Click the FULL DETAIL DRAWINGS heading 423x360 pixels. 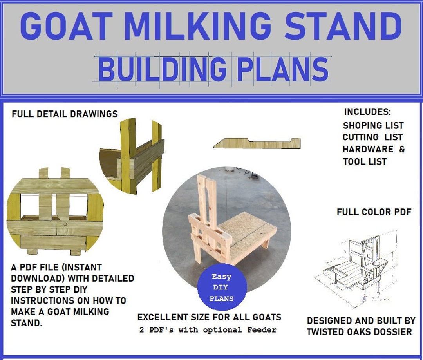pyautogui.click(x=65, y=114)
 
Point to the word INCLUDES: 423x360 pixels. pyautogui.click(x=367, y=112)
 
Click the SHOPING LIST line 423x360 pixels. pyautogui.click(x=373, y=126)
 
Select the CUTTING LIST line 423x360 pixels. pyautogui.click(x=372, y=137)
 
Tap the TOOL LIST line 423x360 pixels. pyautogui.click(x=365, y=161)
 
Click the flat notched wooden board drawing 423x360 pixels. pyautogui.click(x=257, y=143)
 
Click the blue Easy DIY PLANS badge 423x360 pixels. pyautogui.click(x=222, y=288)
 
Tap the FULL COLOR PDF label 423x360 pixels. pyautogui.click(x=374, y=212)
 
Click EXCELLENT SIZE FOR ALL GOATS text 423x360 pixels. pyautogui.click(x=209, y=317)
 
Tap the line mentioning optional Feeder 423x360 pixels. pyautogui.click(x=208, y=330)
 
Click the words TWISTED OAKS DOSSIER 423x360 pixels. pyautogui.click(x=359, y=332)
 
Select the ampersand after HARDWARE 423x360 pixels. pyautogui.click(x=402, y=149)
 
